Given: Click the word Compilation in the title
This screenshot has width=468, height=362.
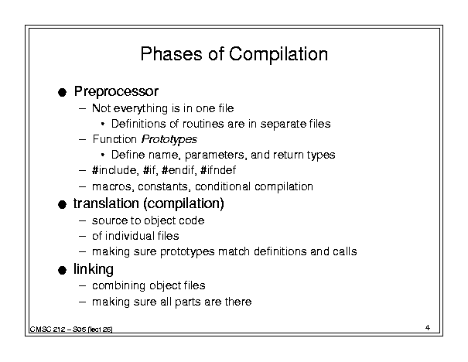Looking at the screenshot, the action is [x=278, y=54].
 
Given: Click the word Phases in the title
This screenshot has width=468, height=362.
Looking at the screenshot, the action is [x=171, y=54].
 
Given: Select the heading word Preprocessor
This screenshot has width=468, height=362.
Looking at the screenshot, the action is [x=116, y=91].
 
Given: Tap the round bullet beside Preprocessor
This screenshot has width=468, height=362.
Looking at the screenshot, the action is [x=62, y=92].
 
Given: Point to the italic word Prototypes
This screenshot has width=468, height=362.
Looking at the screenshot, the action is [x=169, y=139].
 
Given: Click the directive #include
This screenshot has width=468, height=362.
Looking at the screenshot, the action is [x=115, y=170].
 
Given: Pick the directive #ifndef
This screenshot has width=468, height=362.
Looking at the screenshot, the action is [x=218, y=170].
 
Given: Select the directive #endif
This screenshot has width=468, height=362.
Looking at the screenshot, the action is [x=179, y=170].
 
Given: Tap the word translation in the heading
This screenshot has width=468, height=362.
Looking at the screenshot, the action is [x=106, y=203].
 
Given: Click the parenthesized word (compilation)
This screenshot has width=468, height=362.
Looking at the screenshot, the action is [x=183, y=204].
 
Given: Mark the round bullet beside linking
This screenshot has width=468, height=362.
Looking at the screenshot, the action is [x=62, y=271].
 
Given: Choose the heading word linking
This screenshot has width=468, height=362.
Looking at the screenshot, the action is [x=94, y=269].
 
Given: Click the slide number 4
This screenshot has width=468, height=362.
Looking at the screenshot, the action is [x=428, y=328].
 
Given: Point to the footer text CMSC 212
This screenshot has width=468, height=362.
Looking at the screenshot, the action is [x=47, y=330].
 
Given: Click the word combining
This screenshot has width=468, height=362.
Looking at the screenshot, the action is [x=119, y=286].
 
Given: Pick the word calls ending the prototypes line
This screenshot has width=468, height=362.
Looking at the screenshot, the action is [x=345, y=251].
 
